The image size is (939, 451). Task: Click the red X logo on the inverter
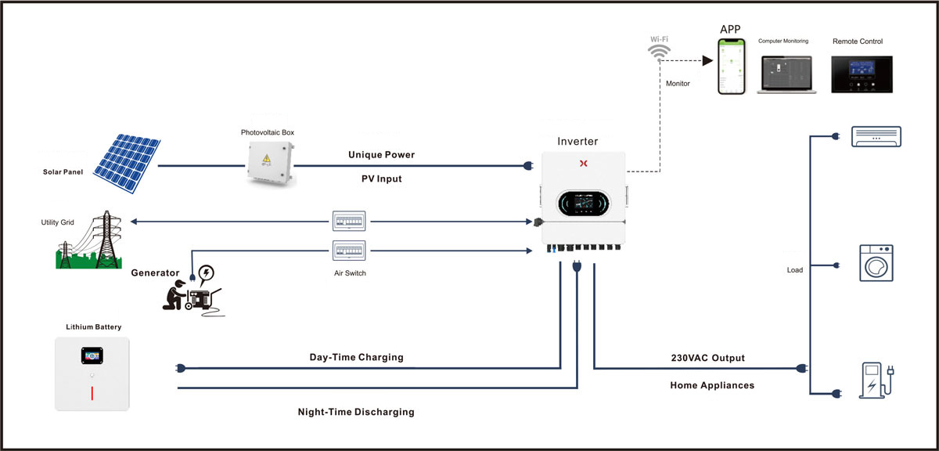click(x=582, y=164)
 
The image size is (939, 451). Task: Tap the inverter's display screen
click(x=582, y=204)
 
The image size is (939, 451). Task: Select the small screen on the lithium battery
click(x=92, y=355)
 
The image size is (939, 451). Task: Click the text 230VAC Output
click(x=707, y=358)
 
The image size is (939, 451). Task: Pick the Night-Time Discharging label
click(x=356, y=412)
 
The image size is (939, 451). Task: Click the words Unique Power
click(x=381, y=155)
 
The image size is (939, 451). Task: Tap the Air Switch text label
click(x=350, y=273)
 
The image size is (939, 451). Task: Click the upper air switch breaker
click(x=350, y=221)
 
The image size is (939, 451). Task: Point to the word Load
click(x=795, y=270)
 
